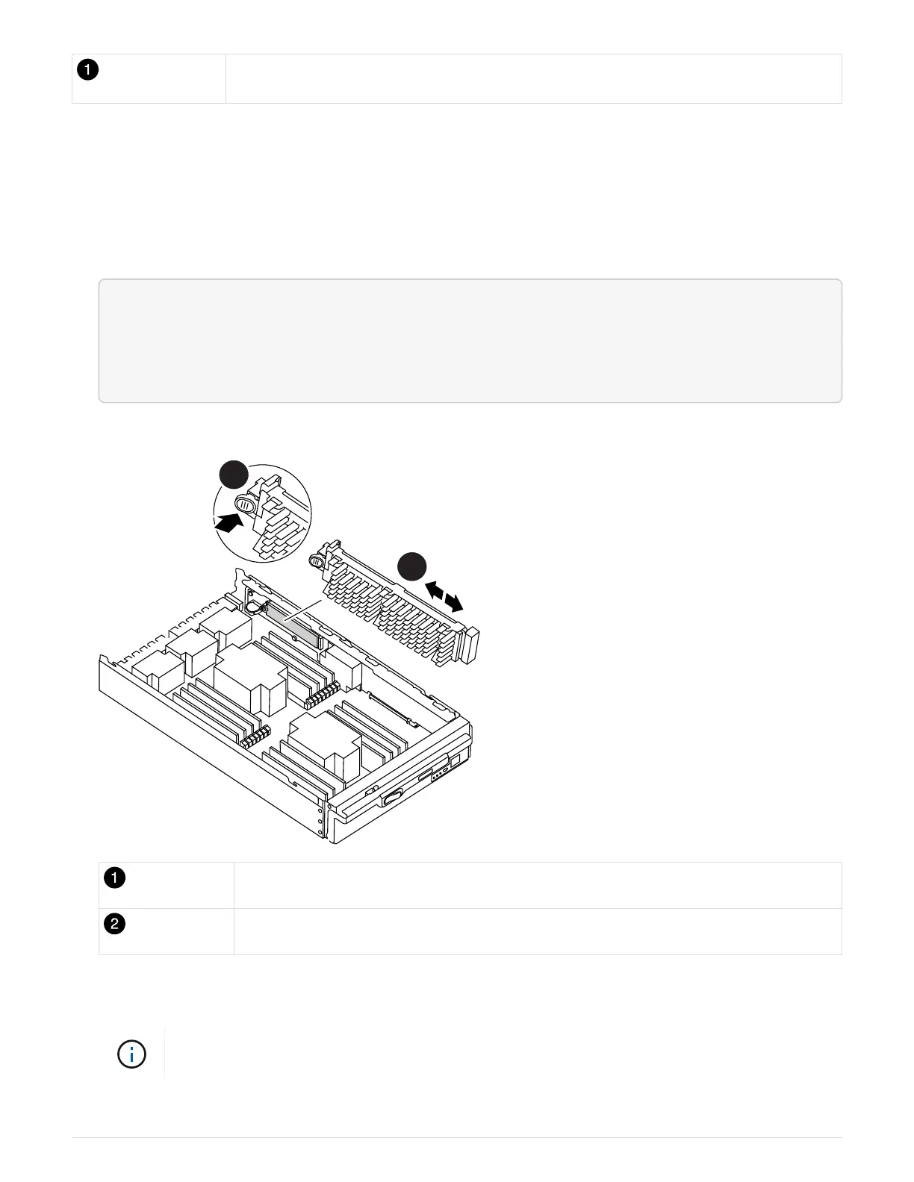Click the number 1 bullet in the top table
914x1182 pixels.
pos(87,69)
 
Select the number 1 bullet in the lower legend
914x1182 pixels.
pos(114,878)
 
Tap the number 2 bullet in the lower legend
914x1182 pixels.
pos(114,924)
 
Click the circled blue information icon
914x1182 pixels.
pos(131,1054)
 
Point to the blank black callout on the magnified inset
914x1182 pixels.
pos(234,475)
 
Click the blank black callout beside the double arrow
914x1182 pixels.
pos(411,566)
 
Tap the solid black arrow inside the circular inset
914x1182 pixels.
pos(228,523)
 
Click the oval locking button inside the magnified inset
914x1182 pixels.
pos(245,504)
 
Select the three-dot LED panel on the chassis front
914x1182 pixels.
pos(440,773)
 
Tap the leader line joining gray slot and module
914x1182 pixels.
pos(302,611)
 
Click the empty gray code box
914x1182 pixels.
pos(470,341)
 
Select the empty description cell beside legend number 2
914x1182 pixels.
pos(538,931)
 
